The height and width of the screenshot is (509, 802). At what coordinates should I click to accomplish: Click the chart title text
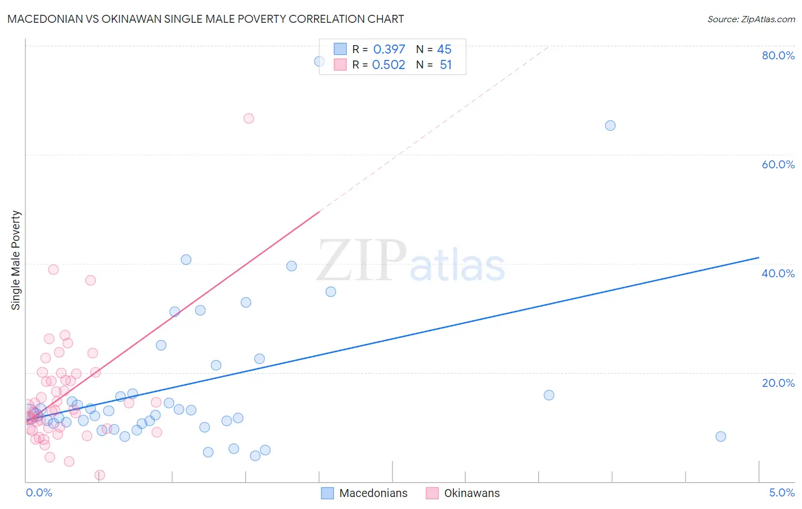tap(205, 19)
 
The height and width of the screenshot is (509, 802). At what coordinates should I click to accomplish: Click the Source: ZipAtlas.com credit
tap(751, 19)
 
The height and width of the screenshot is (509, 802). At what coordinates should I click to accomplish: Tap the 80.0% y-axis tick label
tap(778, 55)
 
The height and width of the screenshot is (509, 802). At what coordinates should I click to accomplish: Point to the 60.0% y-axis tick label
tap(778, 164)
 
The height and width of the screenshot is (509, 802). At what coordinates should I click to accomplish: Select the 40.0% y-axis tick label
tap(778, 273)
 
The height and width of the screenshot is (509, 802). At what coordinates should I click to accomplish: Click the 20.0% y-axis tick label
tap(778, 382)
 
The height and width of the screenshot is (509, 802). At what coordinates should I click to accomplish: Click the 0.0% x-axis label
tap(39, 492)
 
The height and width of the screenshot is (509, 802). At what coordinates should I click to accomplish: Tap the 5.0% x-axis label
tap(781, 492)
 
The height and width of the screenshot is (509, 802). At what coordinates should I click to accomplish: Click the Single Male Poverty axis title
tap(16, 260)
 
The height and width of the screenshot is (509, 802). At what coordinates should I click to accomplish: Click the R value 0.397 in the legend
tap(388, 50)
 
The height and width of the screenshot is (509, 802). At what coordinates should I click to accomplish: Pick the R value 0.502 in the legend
tap(388, 65)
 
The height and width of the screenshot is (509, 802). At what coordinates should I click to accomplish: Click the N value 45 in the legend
tap(444, 50)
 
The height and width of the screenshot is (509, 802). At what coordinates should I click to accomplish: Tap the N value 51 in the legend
tap(445, 65)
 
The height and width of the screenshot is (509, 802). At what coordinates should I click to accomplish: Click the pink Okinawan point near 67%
tap(249, 119)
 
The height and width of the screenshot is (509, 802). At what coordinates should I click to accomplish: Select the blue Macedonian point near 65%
tap(610, 126)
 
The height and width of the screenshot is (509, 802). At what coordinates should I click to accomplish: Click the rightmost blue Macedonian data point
tap(721, 437)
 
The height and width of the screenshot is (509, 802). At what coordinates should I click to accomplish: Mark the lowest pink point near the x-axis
tap(100, 475)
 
